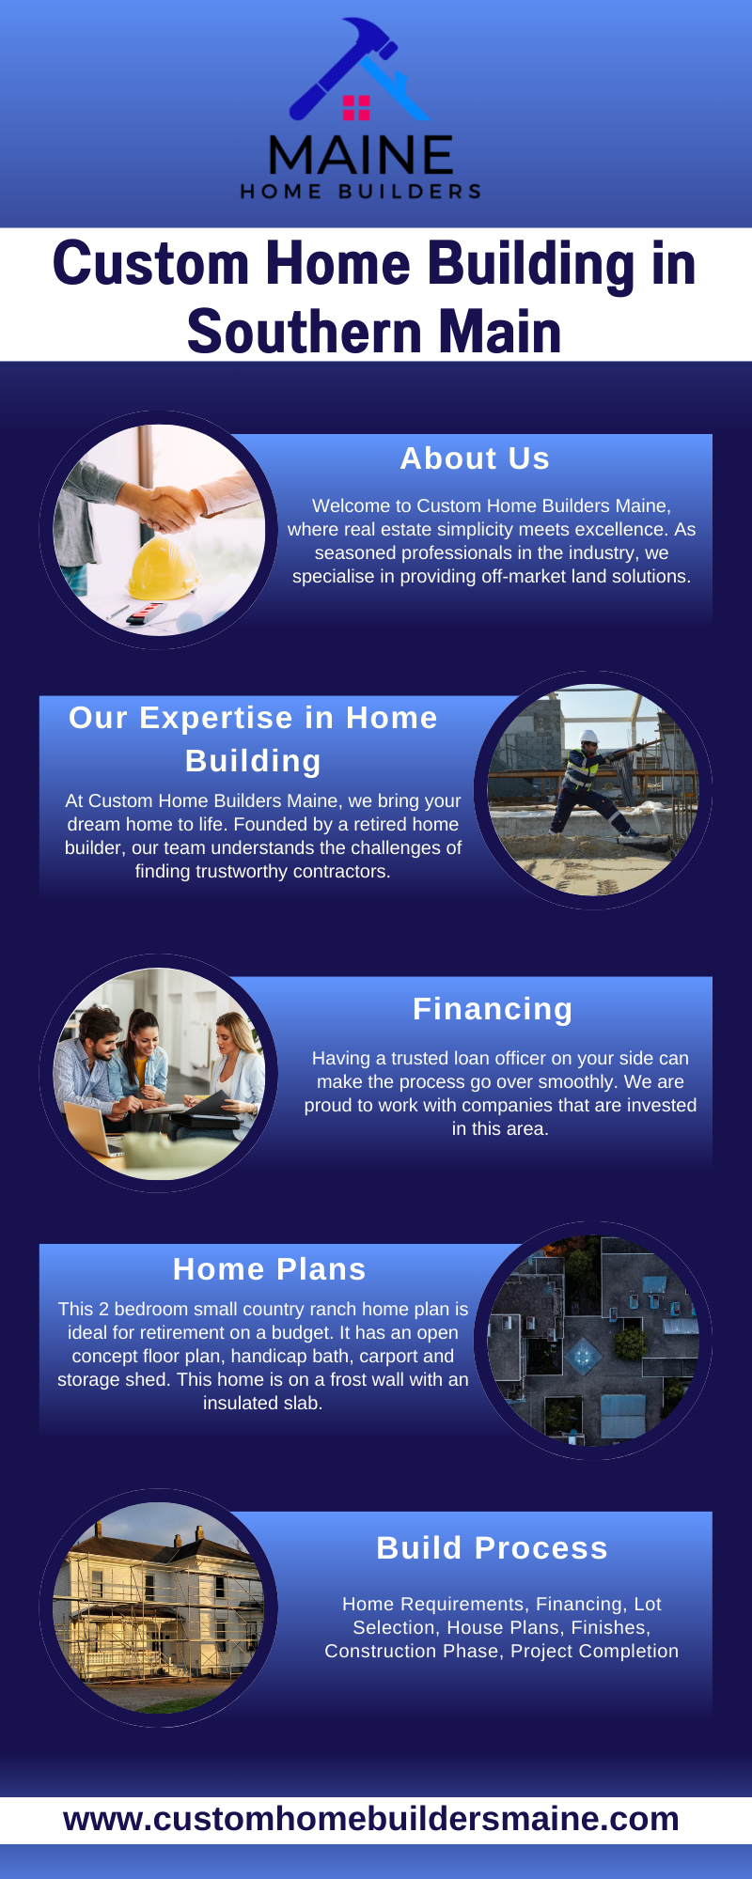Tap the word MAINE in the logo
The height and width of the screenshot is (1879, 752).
pos(361,156)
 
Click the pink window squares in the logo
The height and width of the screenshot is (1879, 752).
pos(356,108)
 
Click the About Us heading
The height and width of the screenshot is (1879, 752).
pos(475,458)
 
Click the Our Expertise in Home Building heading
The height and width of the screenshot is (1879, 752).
pos(253,738)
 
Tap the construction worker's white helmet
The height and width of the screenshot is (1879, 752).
pos(589,738)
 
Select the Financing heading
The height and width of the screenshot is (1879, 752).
pos(493,1009)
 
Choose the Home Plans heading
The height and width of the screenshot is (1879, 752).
pos(269,1269)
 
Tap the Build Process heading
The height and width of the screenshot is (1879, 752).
pos(492,1548)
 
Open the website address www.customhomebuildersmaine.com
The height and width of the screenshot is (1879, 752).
pos(371,1819)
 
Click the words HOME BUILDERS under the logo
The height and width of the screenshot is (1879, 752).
pos(361,192)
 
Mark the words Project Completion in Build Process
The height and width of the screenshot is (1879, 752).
pos(594,1651)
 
